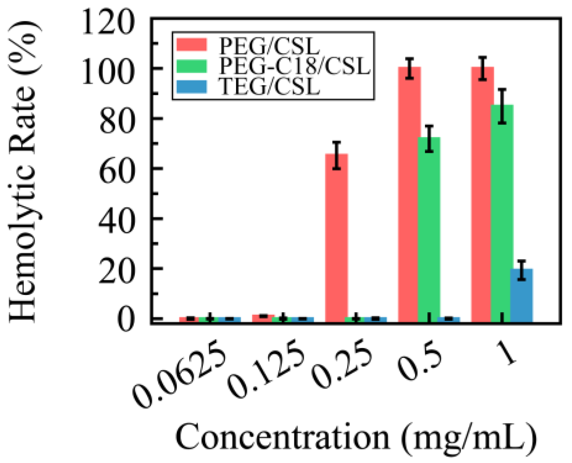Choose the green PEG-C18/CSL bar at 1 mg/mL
click(502, 214)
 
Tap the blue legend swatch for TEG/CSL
click(192, 87)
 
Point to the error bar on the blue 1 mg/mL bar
click(521, 270)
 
